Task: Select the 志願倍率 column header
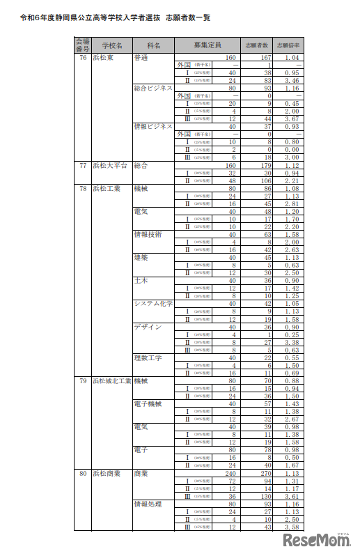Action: click(288, 45)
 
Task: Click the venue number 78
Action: click(82, 188)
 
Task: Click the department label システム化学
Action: click(153, 304)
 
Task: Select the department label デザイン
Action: click(148, 327)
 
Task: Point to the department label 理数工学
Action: click(148, 358)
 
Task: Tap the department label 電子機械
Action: click(148, 404)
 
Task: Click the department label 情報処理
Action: click(148, 504)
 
